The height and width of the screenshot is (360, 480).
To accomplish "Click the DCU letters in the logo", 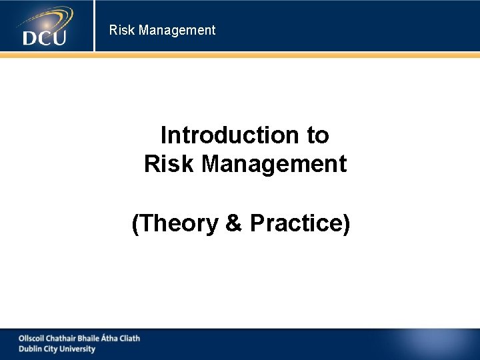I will (44, 37).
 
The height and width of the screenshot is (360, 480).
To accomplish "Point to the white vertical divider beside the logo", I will (94, 26).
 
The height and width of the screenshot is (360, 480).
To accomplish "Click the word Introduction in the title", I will (229, 135).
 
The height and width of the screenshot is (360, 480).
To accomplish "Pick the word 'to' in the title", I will (318, 135).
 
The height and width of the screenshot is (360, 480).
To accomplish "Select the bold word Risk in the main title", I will (169, 164).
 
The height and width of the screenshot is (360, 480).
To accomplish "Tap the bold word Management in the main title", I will (274, 164).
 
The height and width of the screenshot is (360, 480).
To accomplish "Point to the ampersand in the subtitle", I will (233, 224).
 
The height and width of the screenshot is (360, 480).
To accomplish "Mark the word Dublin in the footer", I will (29, 349).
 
